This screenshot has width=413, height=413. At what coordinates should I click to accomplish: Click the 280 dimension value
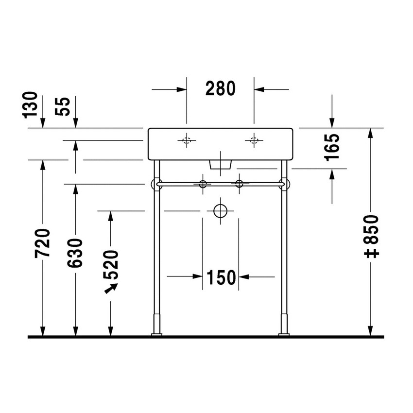tap(220, 88)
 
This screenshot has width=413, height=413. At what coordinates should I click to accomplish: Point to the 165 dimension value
tap(332, 148)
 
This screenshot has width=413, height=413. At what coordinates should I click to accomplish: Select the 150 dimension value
tap(221, 277)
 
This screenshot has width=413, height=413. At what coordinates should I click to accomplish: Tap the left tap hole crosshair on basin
tap(187, 141)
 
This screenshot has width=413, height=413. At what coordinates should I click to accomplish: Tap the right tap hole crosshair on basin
tap(253, 141)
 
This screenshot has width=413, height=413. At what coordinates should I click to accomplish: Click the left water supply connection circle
tap(203, 184)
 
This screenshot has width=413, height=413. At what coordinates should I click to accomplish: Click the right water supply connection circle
tap(239, 184)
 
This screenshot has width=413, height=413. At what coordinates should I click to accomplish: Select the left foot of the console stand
tap(157, 334)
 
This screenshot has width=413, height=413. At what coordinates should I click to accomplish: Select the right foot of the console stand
tap(283, 334)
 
